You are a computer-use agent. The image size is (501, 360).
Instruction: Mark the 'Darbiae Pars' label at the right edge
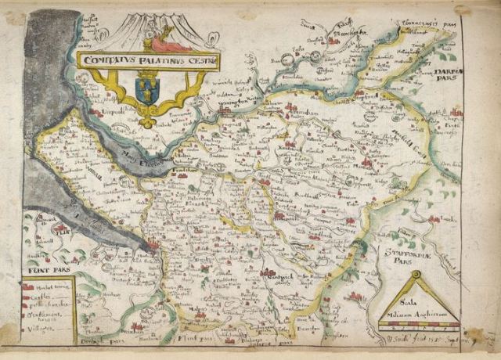point(445,75)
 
